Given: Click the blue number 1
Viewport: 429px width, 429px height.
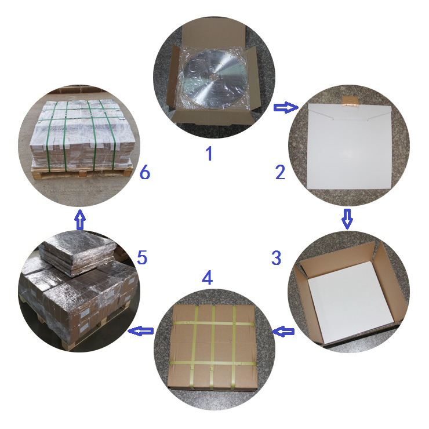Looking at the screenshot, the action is coord(209,154).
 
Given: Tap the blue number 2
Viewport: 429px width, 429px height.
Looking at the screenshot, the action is coord(280,172).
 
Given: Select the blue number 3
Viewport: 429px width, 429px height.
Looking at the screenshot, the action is coord(276,257).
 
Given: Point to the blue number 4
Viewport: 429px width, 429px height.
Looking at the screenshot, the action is coord(207,277).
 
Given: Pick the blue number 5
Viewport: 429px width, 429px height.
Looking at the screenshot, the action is coord(142,257).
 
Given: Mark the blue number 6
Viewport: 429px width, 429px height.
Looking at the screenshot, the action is coord(145,172).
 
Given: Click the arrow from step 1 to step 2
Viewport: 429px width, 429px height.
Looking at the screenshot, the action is coord(286,107).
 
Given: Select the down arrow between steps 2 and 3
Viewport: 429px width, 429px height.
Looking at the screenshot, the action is coord(347,219).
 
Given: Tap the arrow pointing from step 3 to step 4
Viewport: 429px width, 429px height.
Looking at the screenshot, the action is coord(283,332).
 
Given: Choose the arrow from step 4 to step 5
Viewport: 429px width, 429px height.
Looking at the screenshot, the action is coord(141,331).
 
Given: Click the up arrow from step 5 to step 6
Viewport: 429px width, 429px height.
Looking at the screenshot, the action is coord(80,219).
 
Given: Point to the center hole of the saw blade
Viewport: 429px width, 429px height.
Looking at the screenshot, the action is coord(214,77).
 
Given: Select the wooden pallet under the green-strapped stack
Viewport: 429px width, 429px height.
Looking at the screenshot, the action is coord(82,172).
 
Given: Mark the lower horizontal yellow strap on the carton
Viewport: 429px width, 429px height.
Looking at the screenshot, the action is coord(213,363).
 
